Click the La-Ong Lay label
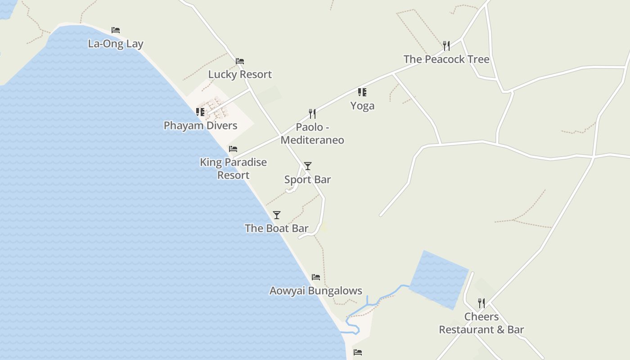pyautogui.click(x=116, y=44)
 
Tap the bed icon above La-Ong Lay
pyautogui.click(x=116, y=30)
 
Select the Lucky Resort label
pyautogui.click(x=240, y=74)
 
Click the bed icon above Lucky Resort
pyautogui.click(x=240, y=61)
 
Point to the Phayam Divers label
pyautogui.click(x=200, y=126)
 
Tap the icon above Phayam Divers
pyautogui.click(x=200, y=112)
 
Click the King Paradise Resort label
pyautogui.click(x=233, y=169)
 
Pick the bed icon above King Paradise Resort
pyautogui.click(x=233, y=149)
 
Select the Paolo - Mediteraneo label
pyautogui.click(x=312, y=134)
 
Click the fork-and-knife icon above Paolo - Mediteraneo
pyautogui.click(x=312, y=113)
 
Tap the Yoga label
pyautogui.click(x=362, y=106)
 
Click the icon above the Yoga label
pyautogui.click(x=362, y=92)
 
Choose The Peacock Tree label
pyautogui.click(x=446, y=59)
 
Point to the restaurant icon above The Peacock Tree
pyautogui.click(x=446, y=45)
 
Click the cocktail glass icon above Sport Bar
pyautogui.click(x=308, y=166)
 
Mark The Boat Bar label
pyautogui.click(x=277, y=229)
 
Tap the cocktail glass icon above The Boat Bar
pyautogui.click(x=277, y=215)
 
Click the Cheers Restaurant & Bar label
pyautogui.click(x=481, y=323)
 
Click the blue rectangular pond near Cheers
pyautogui.click(x=439, y=279)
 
